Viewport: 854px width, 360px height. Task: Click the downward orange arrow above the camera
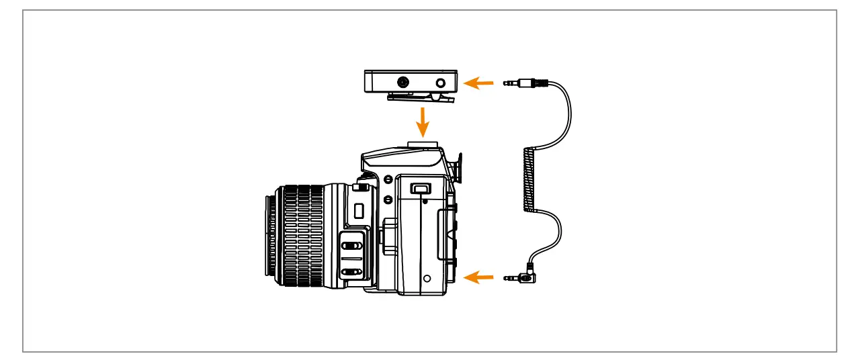tap(423, 120)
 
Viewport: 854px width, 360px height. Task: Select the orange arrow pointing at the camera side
tap(480, 277)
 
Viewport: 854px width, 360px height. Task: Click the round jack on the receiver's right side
tap(441, 83)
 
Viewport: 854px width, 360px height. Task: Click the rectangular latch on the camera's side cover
tap(421, 189)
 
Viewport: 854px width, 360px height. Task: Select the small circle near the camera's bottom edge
tap(427, 277)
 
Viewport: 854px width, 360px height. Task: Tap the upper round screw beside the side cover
tap(388, 179)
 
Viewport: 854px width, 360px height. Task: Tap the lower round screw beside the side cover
tap(388, 199)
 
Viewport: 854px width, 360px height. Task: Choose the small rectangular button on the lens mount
tap(358, 210)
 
